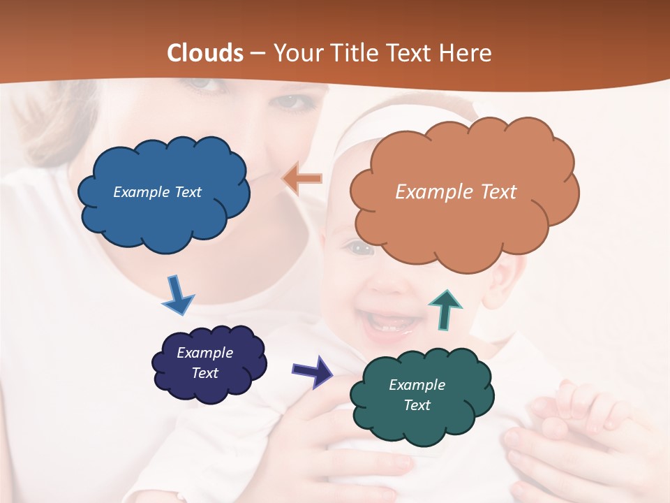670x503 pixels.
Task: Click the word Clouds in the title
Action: point(205,53)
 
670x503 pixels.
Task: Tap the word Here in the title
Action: point(465,53)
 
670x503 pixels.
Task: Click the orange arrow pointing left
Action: point(302,180)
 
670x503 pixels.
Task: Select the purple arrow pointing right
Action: point(312,371)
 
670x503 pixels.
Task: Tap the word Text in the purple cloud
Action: point(204,373)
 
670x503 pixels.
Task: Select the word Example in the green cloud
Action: point(417,385)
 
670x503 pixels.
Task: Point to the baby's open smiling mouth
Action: point(388,323)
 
